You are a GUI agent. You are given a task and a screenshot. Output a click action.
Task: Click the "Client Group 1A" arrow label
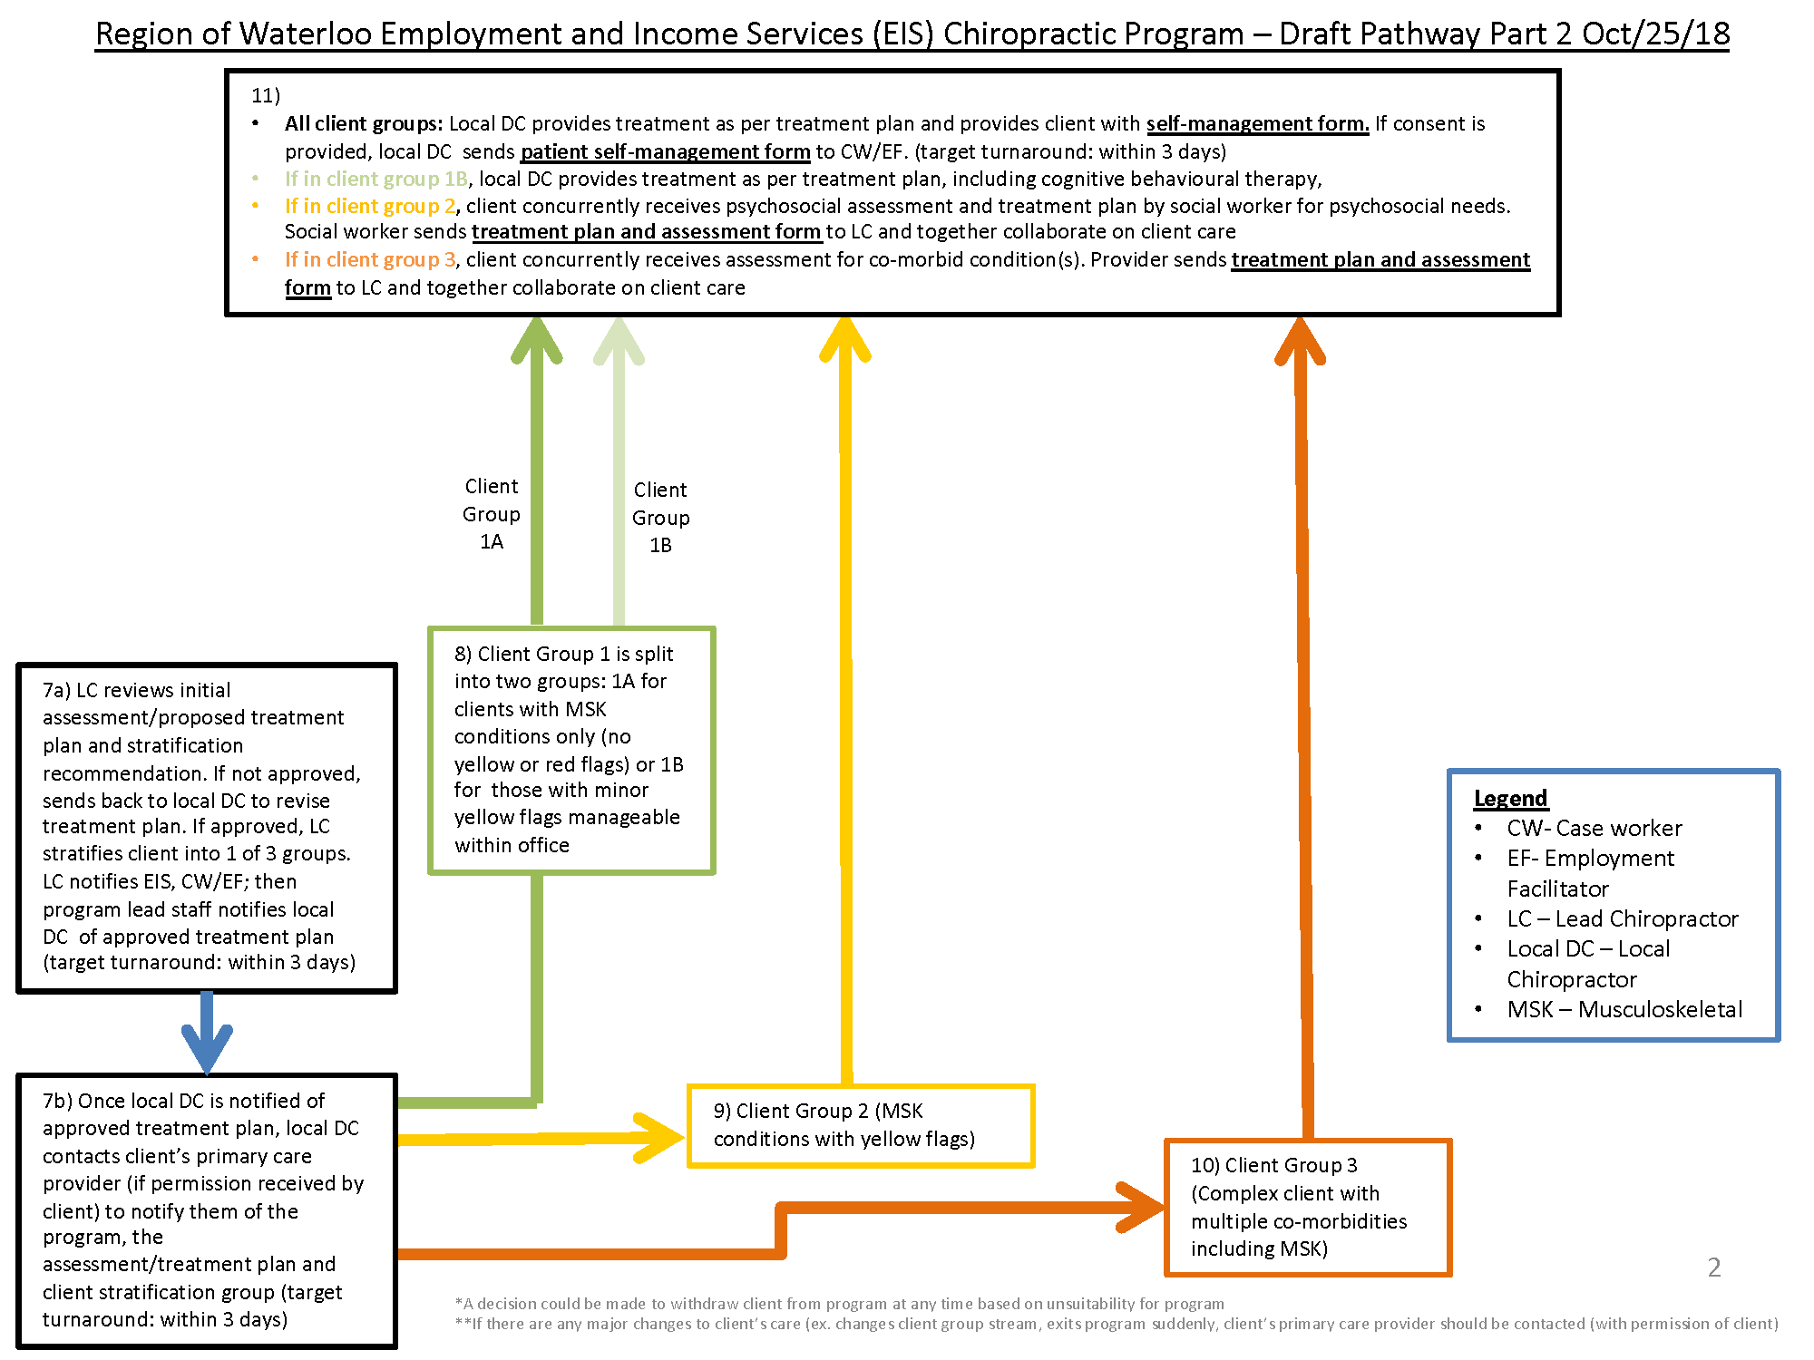coord(492,514)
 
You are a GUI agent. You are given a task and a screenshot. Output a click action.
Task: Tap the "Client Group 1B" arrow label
coord(660,517)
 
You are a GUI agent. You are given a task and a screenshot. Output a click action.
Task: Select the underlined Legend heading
coord(1510,798)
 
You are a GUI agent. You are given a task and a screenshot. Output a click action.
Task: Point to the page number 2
coord(1713,1267)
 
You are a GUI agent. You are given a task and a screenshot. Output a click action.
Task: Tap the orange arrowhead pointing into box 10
coord(1141,1207)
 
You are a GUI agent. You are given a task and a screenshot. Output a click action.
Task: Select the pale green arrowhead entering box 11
coord(619,342)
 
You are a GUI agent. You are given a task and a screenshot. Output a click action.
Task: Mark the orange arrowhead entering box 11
coord(1301,342)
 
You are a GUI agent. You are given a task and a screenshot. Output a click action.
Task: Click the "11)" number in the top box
coord(266,95)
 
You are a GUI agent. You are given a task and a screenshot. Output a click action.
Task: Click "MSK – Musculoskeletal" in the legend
coord(1624,1009)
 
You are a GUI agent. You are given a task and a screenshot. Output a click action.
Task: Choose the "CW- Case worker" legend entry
coord(1594,828)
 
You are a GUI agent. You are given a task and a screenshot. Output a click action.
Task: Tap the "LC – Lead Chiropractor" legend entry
coord(1622,918)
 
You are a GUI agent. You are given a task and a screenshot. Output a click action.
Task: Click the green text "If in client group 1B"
coord(375,179)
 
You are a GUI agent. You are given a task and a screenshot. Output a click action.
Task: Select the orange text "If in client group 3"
coord(370,259)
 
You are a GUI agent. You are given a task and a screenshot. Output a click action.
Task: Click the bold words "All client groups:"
coord(364,123)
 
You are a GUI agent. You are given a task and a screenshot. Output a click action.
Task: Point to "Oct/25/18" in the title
coord(1655,34)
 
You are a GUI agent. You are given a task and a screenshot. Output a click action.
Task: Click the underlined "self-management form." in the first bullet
coord(1257,123)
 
